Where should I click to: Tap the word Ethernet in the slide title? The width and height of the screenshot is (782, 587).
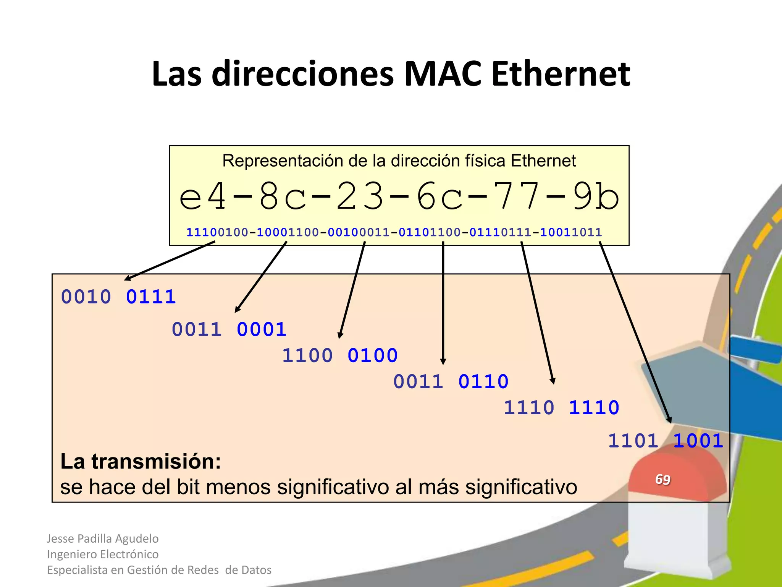(x=561, y=74)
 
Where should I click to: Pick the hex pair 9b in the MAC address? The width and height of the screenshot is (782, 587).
(x=596, y=197)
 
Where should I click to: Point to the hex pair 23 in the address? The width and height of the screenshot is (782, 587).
(x=360, y=197)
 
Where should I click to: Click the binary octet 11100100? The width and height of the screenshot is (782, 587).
(x=217, y=232)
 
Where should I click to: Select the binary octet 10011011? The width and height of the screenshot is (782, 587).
(x=571, y=232)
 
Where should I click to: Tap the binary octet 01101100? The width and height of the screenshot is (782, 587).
(x=430, y=232)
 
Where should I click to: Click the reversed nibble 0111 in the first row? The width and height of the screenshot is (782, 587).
(x=151, y=297)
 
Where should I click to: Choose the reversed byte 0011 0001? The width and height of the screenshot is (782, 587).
(x=229, y=329)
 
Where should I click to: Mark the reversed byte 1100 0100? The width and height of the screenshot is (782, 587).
(x=340, y=355)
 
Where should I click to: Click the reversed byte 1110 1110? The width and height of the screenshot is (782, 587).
(x=561, y=407)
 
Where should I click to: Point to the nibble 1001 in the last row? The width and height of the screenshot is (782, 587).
(x=698, y=441)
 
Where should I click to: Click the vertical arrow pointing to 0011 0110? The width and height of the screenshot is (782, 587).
(x=443, y=302)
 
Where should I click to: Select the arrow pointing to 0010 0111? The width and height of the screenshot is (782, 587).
(x=170, y=261)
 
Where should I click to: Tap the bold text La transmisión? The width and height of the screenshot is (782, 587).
(x=141, y=462)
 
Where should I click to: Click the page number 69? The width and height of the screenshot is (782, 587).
(x=662, y=480)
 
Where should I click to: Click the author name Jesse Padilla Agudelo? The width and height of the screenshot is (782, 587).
(x=103, y=538)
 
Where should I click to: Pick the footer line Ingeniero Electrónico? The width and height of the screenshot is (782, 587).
(x=103, y=554)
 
